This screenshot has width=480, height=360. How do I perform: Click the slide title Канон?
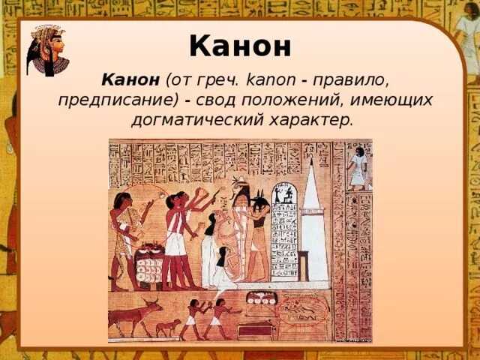pos(239,46)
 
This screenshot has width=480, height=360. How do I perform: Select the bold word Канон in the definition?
pos(130,79)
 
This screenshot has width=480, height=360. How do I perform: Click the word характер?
pos(313,120)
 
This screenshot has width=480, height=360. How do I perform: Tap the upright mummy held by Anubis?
pos(241,232)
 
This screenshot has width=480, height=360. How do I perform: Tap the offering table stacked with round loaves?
pos(148,262)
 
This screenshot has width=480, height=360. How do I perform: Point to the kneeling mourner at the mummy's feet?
pos(221,266)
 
